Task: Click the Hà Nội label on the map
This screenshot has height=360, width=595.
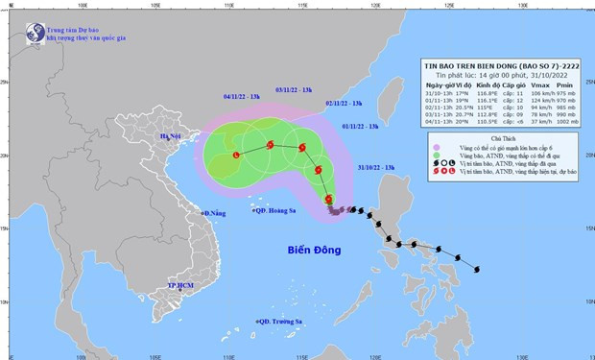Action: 172,137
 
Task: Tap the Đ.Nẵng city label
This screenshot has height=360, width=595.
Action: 214,212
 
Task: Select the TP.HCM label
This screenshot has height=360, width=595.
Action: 181,285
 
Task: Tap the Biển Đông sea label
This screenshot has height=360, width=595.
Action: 316,251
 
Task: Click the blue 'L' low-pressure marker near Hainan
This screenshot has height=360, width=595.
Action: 237,156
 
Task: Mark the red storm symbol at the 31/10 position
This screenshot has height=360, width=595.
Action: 330,200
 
